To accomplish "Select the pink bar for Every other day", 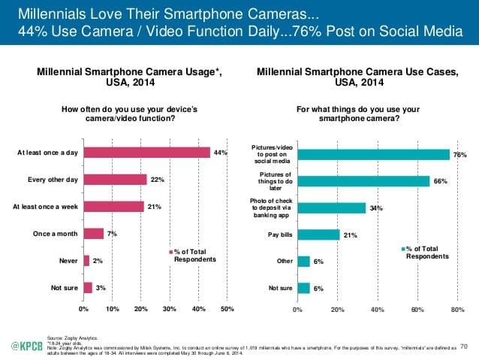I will (114, 180).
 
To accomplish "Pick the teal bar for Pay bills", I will (318, 234).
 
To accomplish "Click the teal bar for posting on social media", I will (373, 154).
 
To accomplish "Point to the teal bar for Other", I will (303, 261).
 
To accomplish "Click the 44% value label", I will (219, 153).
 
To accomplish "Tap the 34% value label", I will (374, 208).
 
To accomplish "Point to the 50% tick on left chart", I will (227, 308).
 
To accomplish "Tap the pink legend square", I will (170, 251).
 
